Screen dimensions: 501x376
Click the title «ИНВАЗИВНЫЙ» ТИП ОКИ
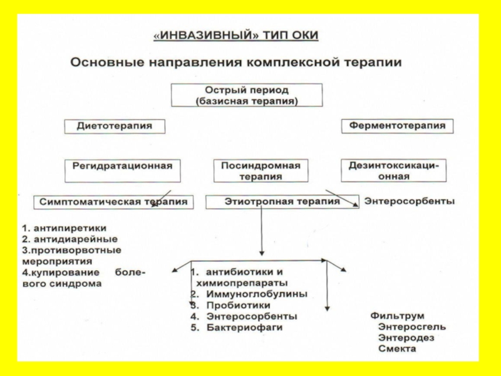[236, 35]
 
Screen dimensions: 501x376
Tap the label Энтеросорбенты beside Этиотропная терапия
[410, 201]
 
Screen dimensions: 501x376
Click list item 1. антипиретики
[64, 228]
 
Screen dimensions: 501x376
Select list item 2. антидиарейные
[70, 239]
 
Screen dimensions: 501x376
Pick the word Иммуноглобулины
[257, 294]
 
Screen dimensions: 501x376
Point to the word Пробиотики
[239, 305]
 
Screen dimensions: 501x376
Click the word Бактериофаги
[244, 327]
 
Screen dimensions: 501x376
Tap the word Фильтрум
[398, 316]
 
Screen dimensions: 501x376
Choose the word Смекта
[397, 348]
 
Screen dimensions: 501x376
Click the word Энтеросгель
[412, 327]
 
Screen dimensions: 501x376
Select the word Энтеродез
[406, 338]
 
